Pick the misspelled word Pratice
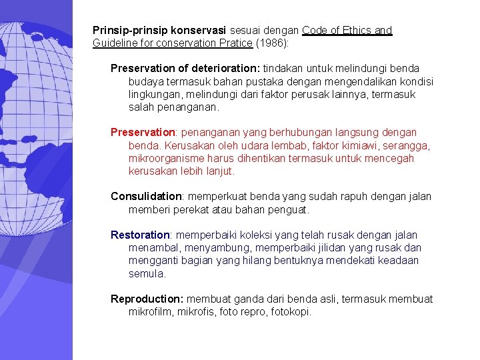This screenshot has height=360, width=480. click(x=235, y=43)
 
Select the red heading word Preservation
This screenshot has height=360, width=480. click(x=138, y=133)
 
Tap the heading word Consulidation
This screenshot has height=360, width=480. click(x=146, y=197)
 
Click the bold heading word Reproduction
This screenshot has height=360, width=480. click(x=147, y=299)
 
